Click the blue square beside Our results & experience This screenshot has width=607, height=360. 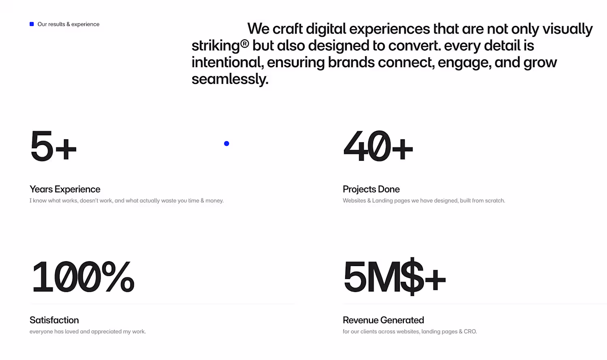click(x=32, y=24)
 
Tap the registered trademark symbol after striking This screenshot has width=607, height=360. click(x=244, y=43)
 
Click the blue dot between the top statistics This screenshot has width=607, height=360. click(x=227, y=143)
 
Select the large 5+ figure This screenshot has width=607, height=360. click(x=53, y=145)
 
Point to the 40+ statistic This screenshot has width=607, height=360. click(x=378, y=145)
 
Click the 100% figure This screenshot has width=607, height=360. click(x=83, y=277)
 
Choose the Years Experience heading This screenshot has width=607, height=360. click(x=65, y=189)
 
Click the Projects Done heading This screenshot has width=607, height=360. click(x=371, y=189)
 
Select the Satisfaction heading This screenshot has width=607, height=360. click(x=54, y=320)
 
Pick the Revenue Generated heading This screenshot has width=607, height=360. click(x=383, y=320)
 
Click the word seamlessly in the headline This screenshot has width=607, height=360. click(x=230, y=79)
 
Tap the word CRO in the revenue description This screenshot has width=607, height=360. click(x=470, y=331)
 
